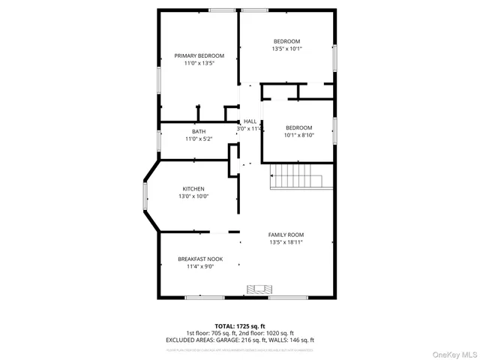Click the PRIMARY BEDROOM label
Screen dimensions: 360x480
199,55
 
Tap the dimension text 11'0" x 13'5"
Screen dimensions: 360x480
199,63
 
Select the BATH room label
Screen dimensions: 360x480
198,131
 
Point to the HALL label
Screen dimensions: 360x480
250,121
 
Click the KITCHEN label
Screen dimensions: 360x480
193,188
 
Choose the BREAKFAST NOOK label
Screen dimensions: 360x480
195,259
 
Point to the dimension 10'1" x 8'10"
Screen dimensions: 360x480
298,135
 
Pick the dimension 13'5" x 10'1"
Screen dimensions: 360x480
286,49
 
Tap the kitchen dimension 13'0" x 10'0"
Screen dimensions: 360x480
193,196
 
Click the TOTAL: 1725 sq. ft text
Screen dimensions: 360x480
240,326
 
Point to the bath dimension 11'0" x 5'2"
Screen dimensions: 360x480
198,139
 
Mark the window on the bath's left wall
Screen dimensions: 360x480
158,140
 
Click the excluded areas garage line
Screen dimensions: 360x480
240,340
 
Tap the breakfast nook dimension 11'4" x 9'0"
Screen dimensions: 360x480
195,266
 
